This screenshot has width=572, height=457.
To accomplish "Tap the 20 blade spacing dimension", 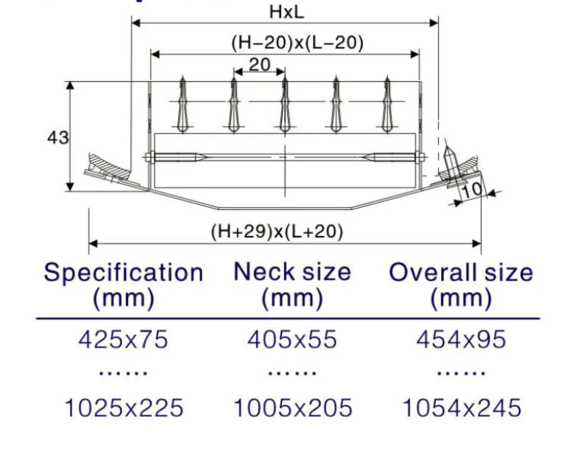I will coord(259,65).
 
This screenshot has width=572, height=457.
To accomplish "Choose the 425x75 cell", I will coord(124,339).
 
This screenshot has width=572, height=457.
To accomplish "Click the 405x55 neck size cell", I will coord(292,339).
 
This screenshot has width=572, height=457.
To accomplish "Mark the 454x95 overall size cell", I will coord(461,339).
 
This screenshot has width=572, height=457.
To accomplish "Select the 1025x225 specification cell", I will coord(124,408).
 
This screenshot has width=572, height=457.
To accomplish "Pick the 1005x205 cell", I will coord(292,408).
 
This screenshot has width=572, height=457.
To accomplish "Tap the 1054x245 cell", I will coord(462,408).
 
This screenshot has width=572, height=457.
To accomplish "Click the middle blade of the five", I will coord(285,106).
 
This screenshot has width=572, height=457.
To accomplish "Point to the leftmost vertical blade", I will coord(182,106).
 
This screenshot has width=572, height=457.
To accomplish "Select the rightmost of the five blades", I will coord(387,106).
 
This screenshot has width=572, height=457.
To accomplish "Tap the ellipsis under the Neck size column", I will coord(292,373).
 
